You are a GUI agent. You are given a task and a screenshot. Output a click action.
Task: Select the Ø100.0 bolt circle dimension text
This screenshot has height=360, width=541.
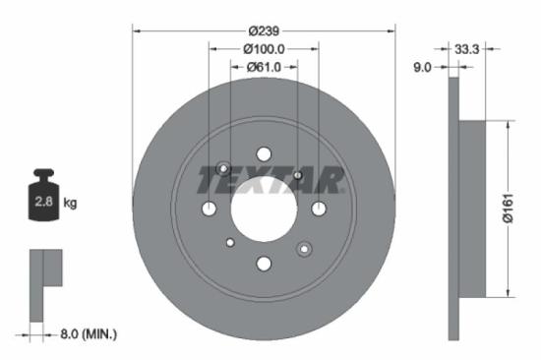point(264,48)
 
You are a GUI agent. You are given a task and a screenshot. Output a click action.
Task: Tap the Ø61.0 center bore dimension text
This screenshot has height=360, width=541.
point(264,66)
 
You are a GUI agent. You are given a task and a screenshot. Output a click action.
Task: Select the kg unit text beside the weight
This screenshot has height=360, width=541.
point(70,204)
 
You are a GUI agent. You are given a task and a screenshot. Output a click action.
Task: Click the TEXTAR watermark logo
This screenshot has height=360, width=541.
point(270,180)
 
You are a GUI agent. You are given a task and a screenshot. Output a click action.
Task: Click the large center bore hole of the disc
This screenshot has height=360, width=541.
point(264,209)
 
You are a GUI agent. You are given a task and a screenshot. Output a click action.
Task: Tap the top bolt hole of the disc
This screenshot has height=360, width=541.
point(264,153)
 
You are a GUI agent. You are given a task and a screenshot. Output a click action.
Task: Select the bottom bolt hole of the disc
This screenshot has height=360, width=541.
point(264,264)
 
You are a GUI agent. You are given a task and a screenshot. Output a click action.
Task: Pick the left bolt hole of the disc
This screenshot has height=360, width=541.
point(209,209)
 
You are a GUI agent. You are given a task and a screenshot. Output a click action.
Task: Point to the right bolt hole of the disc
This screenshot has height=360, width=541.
point(319,209)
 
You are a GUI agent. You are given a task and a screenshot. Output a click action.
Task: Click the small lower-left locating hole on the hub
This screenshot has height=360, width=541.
point(230,242)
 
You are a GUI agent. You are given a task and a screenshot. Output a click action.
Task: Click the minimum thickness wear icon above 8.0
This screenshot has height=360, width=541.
point(43,281)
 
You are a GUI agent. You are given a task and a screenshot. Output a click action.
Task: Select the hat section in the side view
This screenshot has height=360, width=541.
point(470,208)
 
